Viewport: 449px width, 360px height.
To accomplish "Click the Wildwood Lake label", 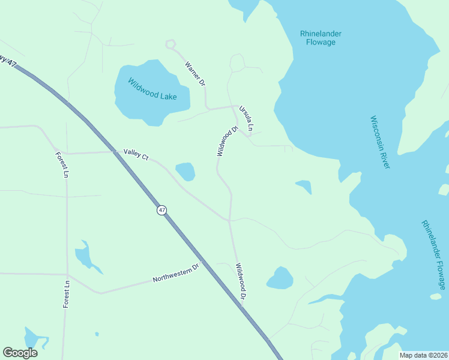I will [x=152, y=88].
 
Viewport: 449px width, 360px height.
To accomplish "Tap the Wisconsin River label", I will [x=379, y=142].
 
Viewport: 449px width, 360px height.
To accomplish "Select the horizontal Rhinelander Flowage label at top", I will [x=321, y=38].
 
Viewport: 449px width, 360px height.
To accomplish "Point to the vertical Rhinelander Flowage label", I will [x=433, y=254].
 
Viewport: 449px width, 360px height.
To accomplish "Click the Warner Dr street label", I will [x=195, y=74].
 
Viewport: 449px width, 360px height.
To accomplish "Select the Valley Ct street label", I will [x=136, y=154].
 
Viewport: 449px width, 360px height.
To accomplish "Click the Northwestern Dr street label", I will [x=175, y=275].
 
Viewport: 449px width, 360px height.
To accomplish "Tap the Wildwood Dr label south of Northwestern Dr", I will [x=241, y=282].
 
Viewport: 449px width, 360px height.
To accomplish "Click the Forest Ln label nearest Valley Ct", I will [x=62, y=165].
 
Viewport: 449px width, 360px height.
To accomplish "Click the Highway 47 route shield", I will [x=162, y=210].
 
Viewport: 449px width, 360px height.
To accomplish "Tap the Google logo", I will [x=20, y=353].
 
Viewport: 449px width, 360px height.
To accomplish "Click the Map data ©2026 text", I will [x=423, y=355].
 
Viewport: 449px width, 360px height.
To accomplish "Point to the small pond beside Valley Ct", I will [x=185, y=172].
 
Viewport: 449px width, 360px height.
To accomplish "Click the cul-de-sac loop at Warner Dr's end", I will [x=170, y=44].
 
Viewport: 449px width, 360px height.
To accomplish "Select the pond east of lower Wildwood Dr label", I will [x=280, y=278].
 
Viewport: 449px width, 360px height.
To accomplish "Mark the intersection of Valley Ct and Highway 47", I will [x=115, y=152].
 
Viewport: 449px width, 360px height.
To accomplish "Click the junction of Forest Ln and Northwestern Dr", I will [x=67, y=274].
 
